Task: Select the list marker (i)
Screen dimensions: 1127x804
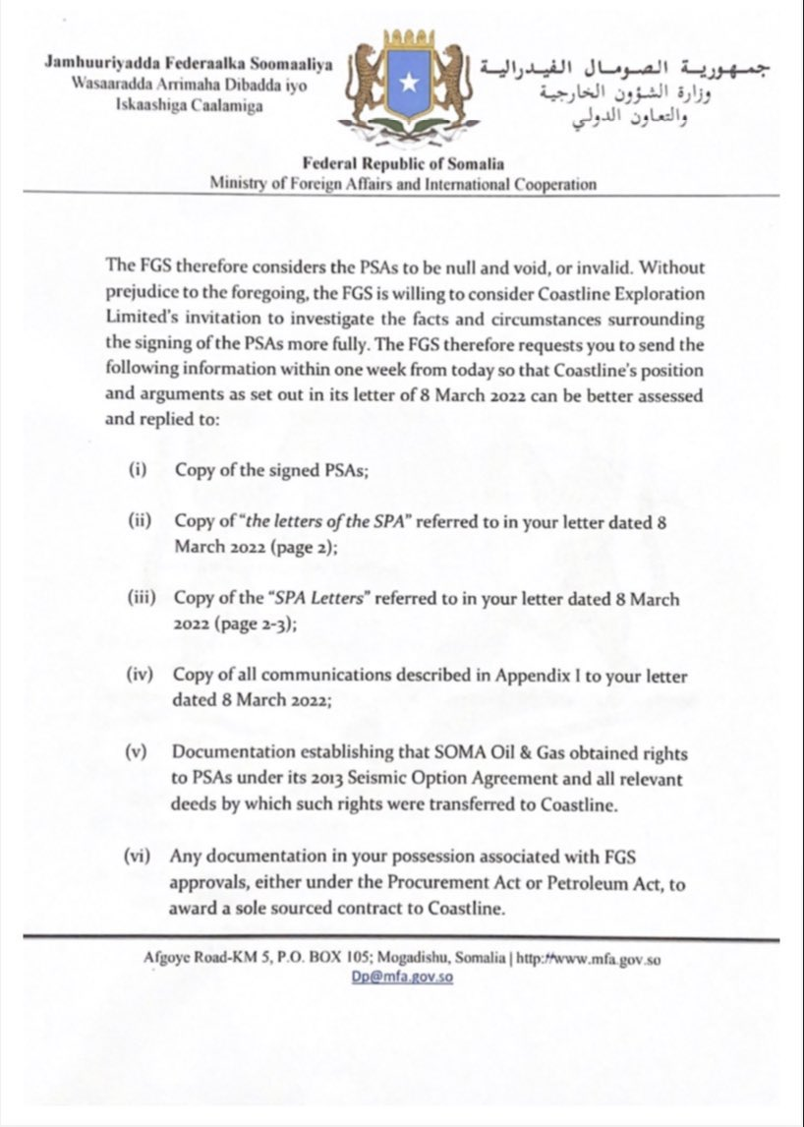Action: (x=137, y=470)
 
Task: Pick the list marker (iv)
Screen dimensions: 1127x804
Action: (x=139, y=677)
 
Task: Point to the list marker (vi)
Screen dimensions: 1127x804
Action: (x=138, y=857)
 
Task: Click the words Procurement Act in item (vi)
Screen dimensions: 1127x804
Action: (x=431, y=883)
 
